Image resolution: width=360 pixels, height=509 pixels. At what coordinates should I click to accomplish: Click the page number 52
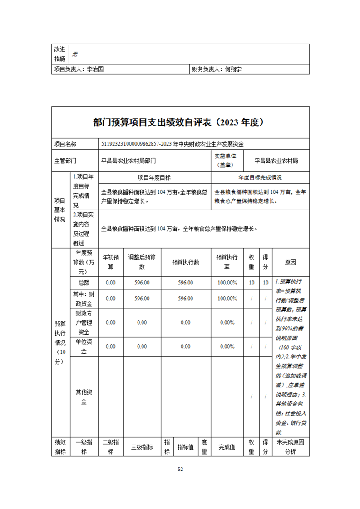(x=180, y=469)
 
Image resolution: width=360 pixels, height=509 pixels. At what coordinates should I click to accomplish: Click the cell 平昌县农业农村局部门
(x=129, y=160)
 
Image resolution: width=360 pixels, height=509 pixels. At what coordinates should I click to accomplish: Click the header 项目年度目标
(x=154, y=178)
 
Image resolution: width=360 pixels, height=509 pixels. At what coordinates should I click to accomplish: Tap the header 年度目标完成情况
(x=260, y=178)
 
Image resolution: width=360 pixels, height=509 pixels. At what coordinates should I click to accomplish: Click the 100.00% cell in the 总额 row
(x=227, y=283)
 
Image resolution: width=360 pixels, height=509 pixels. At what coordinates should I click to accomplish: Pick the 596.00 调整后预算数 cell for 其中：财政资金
(x=142, y=299)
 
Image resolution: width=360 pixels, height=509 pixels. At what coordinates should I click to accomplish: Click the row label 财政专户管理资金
(x=84, y=323)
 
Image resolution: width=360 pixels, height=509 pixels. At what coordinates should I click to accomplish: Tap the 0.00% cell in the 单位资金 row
(x=227, y=347)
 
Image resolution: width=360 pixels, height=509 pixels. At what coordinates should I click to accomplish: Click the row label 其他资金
(x=84, y=397)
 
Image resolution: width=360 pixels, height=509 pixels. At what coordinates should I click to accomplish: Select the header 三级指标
(x=142, y=447)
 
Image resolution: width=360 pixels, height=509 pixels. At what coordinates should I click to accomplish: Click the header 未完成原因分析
(x=290, y=447)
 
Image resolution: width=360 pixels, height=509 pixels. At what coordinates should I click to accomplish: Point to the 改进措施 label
(x=60, y=54)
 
